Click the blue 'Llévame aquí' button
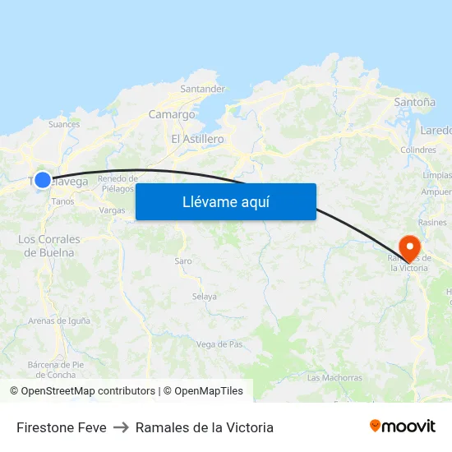[x=225, y=201]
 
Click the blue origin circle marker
[x=43, y=179]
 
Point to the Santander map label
[x=202, y=89]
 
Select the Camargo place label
[x=172, y=115]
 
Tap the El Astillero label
[x=197, y=139]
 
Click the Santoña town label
[x=414, y=103]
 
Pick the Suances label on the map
[x=64, y=125]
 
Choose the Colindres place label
[x=417, y=150]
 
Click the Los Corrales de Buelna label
[x=49, y=246]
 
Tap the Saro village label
[x=182, y=261]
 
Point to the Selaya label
[x=204, y=297]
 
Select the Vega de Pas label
[x=219, y=344]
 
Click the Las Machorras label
[x=334, y=378]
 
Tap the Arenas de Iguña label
[x=59, y=321]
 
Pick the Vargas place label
[x=112, y=210]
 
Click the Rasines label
[x=432, y=223]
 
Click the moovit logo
[x=402, y=426]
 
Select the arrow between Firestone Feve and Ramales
[x=121, y=427]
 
